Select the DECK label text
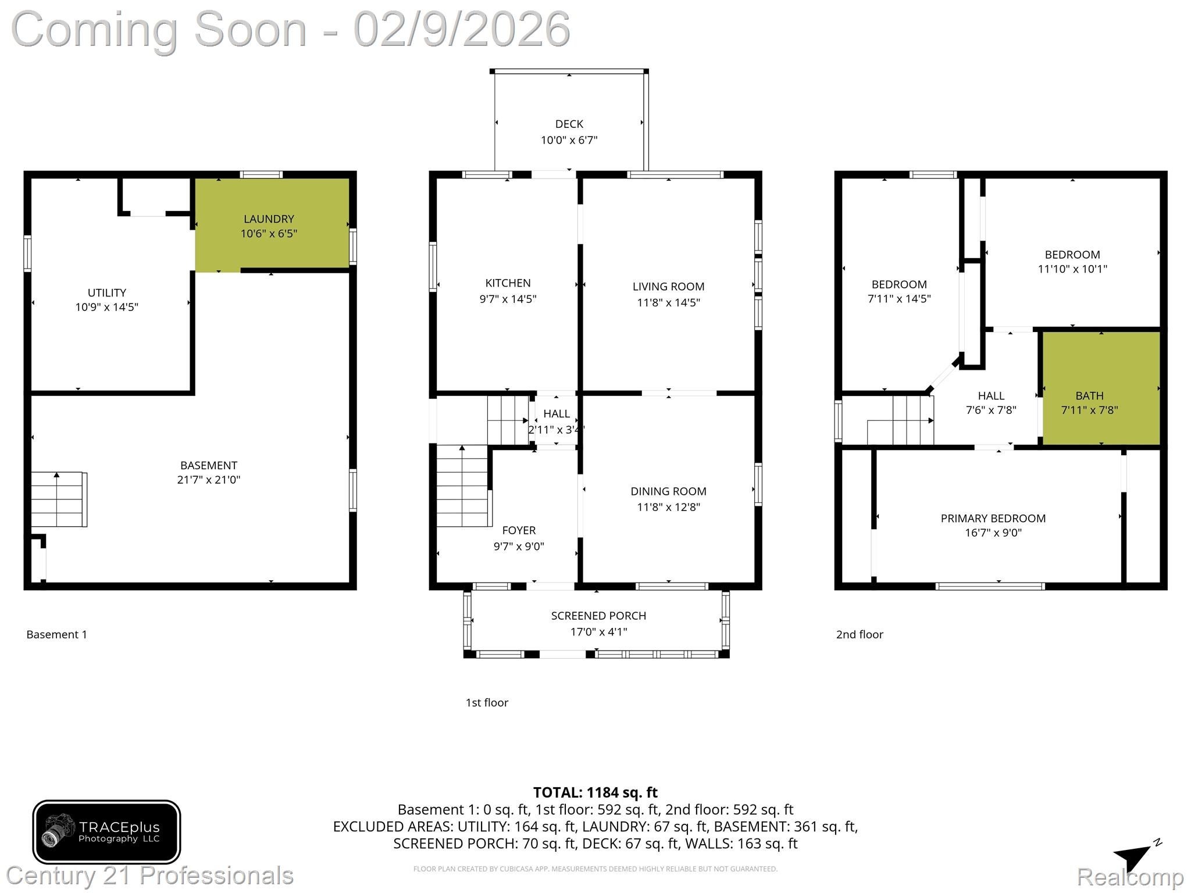click(x=569, y=124)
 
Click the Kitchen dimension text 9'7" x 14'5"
click(x=508, y=299)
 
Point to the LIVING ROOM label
click(x=668, y=287)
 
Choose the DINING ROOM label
click(x=668, y=491)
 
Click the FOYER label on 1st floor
click(x=519, y=530)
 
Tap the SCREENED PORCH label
click(x=598, y=616)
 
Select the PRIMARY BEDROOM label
click(x=993, y=518)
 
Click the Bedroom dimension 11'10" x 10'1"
click(x=1072, y=269)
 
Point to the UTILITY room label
click(x=106, y=292)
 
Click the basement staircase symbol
click(x=58, y=499)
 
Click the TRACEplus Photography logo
click(x=106, y=832)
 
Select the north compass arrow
click(x=1135, y=855)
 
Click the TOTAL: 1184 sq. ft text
click(x=595, y=792)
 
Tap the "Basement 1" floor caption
click(x=56, y=634)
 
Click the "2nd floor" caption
click(x=859, y=634)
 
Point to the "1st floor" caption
click(x=486, y=702)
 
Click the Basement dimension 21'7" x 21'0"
click(x=208, y=480)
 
